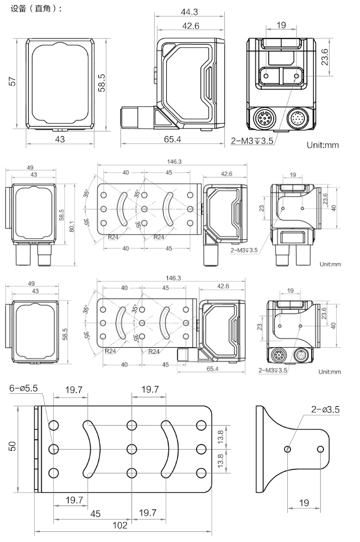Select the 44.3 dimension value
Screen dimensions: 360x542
tap(189, 12)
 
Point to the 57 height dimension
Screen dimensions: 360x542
tap(12, 81)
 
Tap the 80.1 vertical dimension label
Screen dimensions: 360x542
tap(72, 226)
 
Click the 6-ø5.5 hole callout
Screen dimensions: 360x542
tap(23, 388)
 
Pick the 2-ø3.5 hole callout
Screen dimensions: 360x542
tap(325, 409)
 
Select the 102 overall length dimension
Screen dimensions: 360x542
tap(119, 525)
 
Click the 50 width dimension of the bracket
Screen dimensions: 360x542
tap(12, 447)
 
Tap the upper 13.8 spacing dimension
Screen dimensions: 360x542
tap(220, 437)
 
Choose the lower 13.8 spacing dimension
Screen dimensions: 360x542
tap(220, 461)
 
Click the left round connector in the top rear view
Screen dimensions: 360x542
tap(263, 119)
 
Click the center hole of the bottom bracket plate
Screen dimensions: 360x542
tap(131, 449)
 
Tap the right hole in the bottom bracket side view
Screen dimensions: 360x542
tap(320, 449)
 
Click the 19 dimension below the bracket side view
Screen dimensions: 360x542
tap(304, 503)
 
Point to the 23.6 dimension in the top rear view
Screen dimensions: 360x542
tap(325, 57)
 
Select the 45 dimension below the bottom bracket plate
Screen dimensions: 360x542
tap(96, 514)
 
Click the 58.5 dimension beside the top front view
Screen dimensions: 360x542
tap(102, 82)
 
